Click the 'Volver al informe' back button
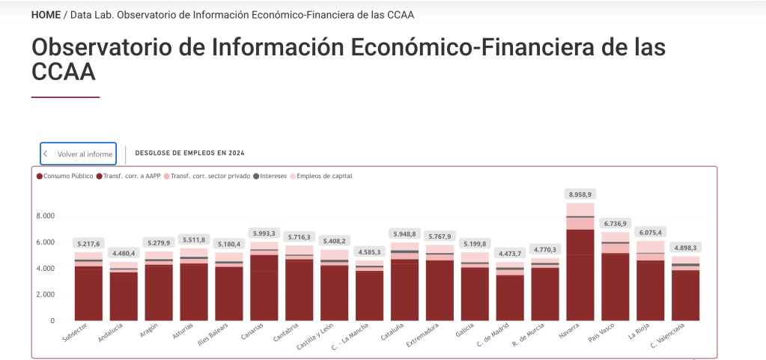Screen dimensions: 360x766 [x=78, y=153]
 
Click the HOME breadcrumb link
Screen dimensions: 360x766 [x=46, y=15]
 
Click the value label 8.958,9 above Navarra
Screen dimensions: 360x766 [x=580, y=194]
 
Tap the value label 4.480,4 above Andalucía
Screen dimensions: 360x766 [x=123, y=252]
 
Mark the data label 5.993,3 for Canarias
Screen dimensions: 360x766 [x=264, y=233]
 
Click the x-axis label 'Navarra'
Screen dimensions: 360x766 [x=570, y=331]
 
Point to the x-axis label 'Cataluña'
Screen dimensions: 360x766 [x=393, y=332]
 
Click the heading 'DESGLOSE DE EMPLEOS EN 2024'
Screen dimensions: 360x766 [x=189, y=153]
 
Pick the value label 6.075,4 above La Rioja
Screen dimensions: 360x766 [x=650, y=232]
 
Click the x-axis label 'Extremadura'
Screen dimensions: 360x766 [x=423, y=335]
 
